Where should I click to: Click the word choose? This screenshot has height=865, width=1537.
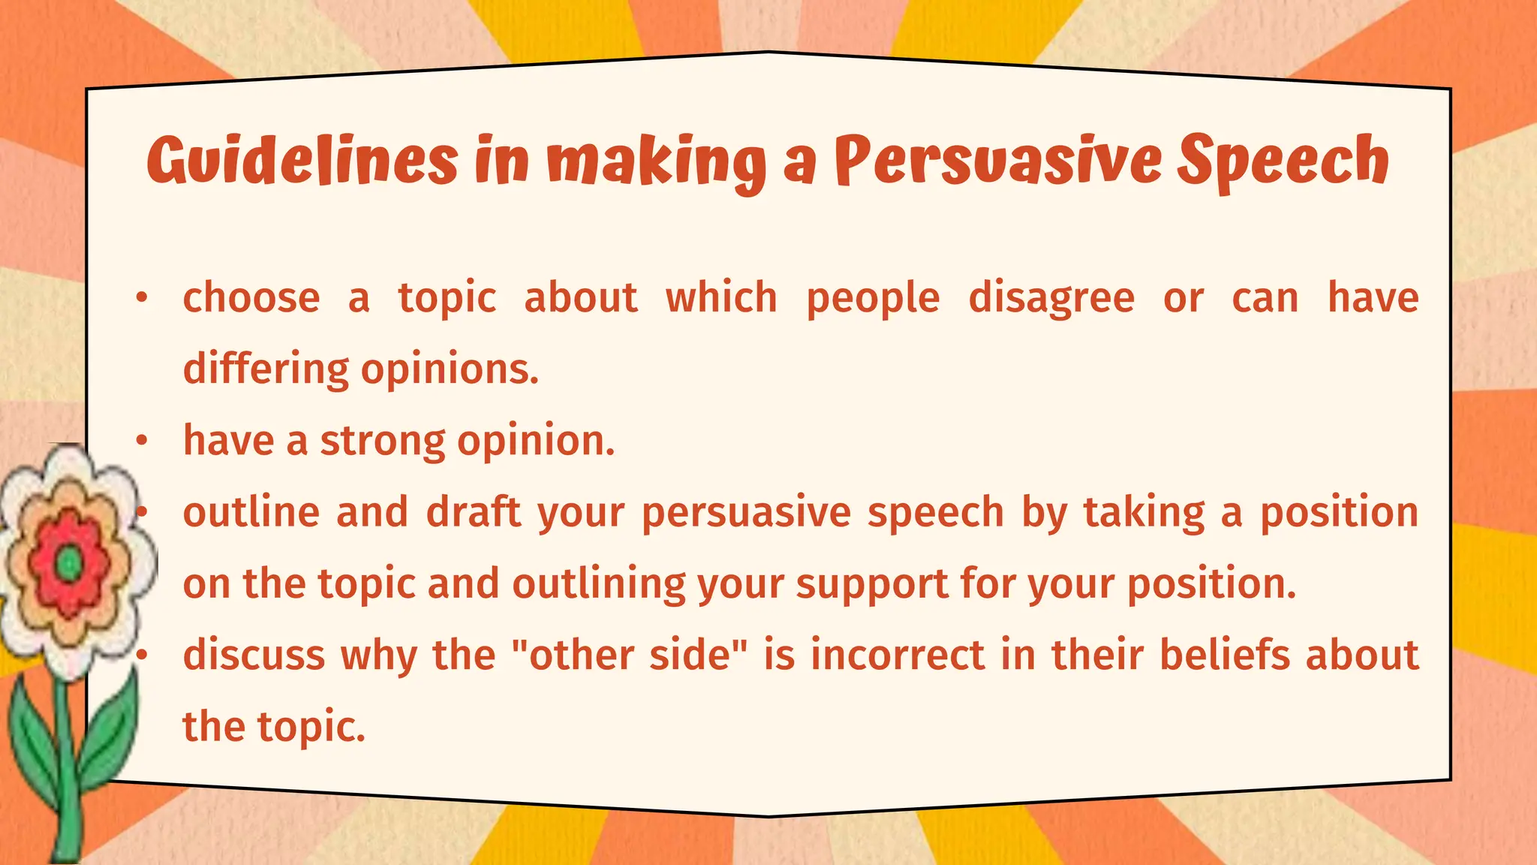point(251,298)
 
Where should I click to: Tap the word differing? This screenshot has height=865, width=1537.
point(266,369)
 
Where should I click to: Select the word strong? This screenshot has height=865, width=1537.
point(383,442)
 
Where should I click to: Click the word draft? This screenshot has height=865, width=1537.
point(474,513)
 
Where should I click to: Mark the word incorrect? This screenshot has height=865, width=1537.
point(898,655)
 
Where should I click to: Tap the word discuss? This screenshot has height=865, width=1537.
point(254,655)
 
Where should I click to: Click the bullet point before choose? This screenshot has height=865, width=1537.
point(141,299)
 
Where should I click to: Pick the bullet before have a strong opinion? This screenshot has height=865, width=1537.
point(141,442)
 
